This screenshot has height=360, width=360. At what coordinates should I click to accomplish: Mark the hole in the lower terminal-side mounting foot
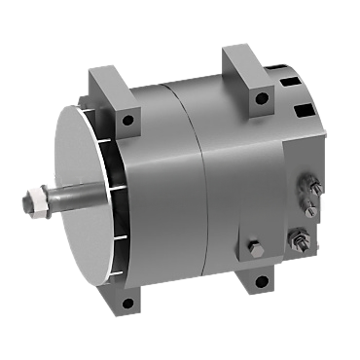coord(262,282)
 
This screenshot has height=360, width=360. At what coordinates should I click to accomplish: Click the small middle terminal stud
coord(310,206)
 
